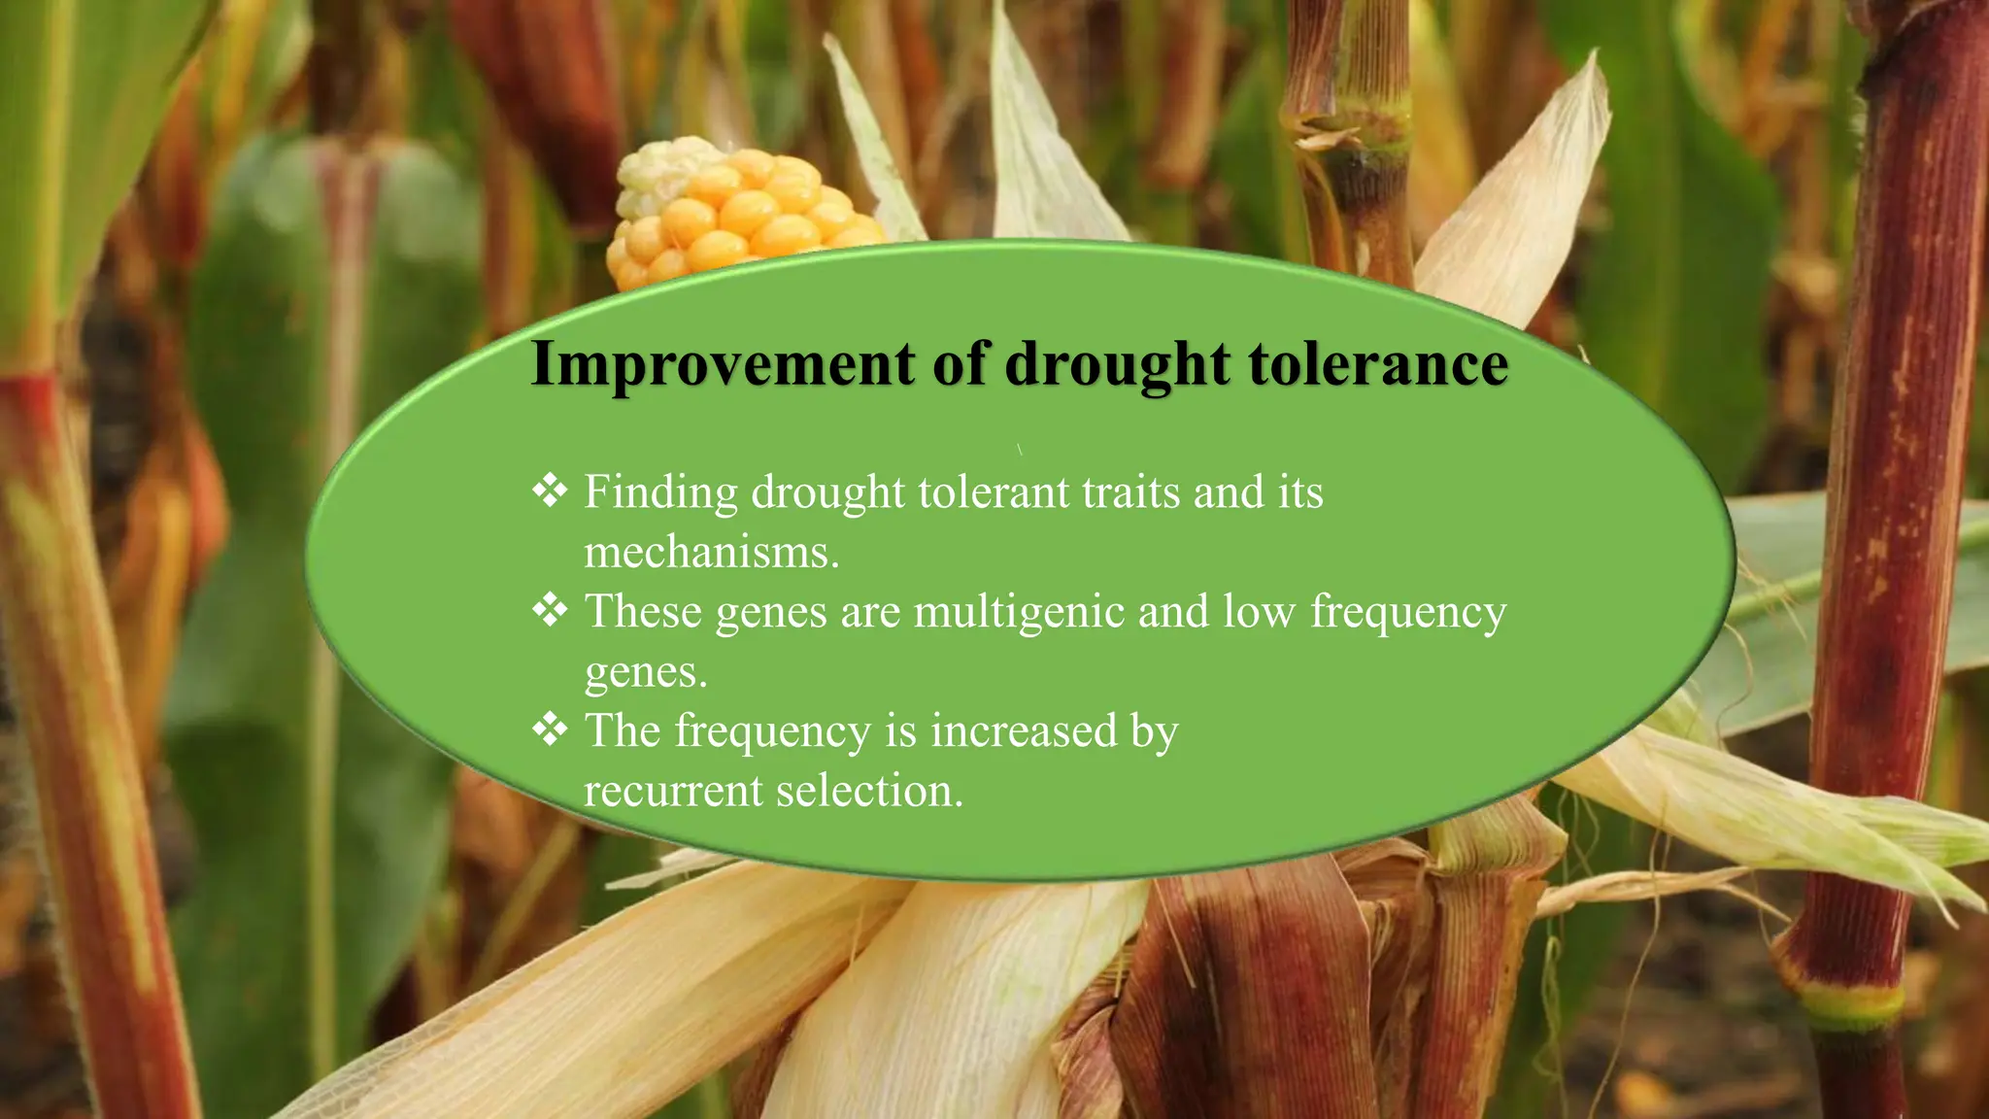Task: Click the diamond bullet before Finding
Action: tap(550, 490)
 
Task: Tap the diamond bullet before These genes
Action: tap(550, 610)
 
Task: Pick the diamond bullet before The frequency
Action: tap(550, 729)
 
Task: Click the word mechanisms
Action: tap(711, 553)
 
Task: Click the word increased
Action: tap(1024, 730)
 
